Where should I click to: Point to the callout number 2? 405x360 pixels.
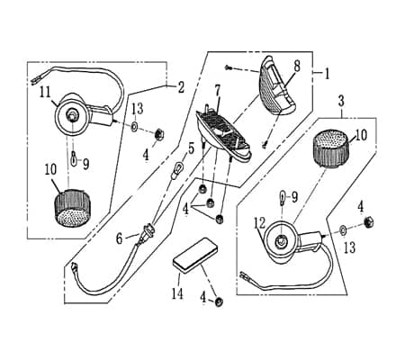181,88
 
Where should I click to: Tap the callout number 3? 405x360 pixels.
342,101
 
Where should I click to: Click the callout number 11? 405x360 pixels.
43,91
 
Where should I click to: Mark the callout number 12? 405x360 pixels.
260,223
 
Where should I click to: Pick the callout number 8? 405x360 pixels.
297,66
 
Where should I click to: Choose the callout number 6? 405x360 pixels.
121,238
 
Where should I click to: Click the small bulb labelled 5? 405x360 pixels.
179,166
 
